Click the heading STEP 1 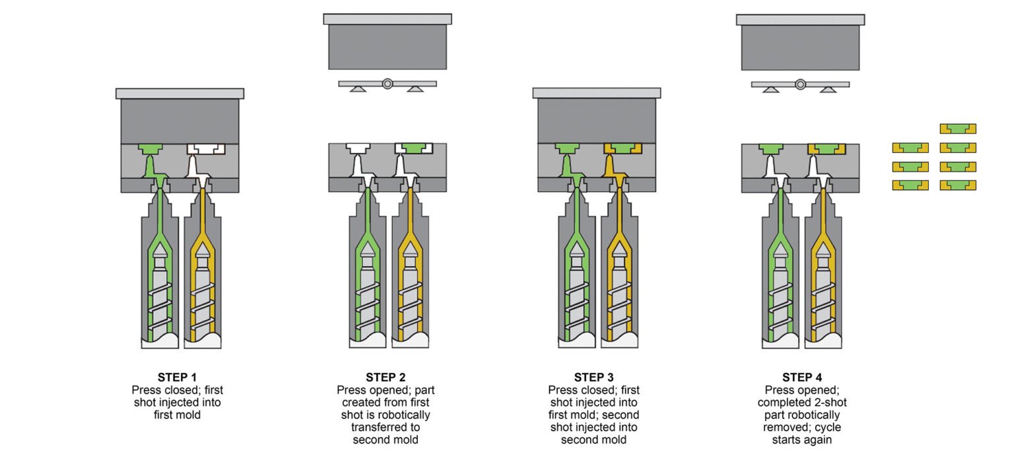[177, 378]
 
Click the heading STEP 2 [386, 378]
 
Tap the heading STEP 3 [593, 378]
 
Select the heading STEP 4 [802, 378]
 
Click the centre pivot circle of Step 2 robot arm [387, 84]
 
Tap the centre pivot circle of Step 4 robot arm [800, 84]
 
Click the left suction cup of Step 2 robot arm [358, 89]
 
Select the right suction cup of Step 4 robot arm [828, 89]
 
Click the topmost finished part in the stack [957, 129]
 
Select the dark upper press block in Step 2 [387, 46]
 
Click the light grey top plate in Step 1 [180, 93]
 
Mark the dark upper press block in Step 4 [800, 47]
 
